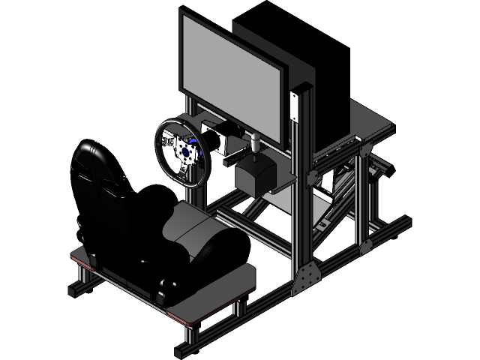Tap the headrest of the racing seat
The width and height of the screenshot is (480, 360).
click(94, 161)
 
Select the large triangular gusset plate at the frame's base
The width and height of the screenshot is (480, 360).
click(307, 278)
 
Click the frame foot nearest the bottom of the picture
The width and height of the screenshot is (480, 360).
click(184, 349)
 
